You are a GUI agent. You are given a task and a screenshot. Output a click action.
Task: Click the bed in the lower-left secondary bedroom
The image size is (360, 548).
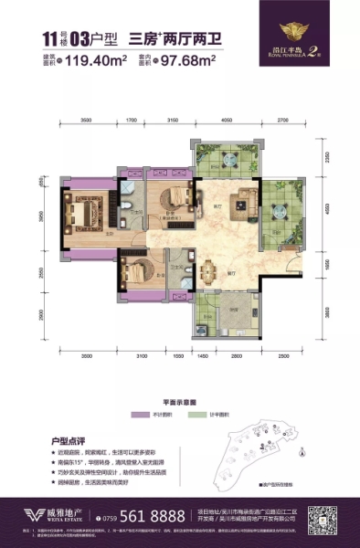tap(136, 274)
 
